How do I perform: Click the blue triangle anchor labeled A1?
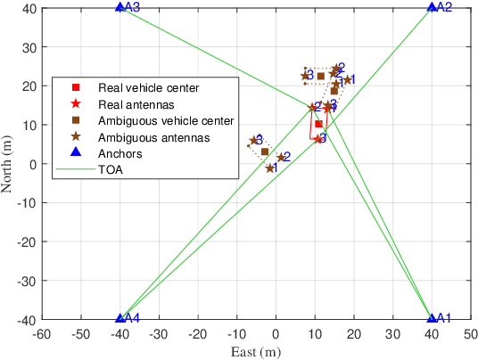click(432, 318)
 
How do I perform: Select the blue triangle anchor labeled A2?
click(432, 7)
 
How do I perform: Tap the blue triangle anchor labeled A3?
click(120, 7)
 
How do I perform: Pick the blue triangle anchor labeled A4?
click(120, 318)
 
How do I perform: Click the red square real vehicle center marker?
click(318, 124)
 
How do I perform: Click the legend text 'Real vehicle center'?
click(148, 87)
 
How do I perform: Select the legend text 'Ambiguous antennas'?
click(154, 137)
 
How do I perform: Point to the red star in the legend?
click(77, 104)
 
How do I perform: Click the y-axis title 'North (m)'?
click(8, 163)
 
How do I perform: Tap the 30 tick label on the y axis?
click(29, 46)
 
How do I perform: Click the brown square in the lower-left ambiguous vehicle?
click(265, 151)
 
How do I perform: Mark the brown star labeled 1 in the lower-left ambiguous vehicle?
click(270, 168)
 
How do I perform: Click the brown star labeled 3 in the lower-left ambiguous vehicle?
click(254, 140)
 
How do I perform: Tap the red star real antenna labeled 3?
click(318, 139)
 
